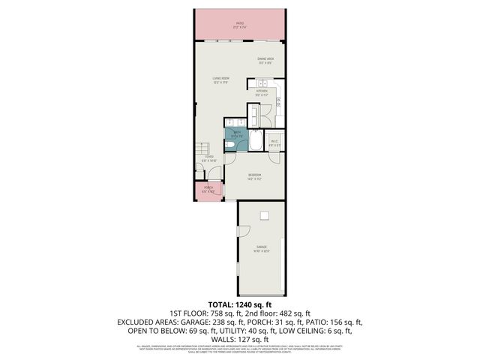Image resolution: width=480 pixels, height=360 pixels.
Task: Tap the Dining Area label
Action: pyautogui.click(x=265, y=61)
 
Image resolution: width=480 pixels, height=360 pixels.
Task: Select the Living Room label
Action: pyautogui.click(x=220, y=79)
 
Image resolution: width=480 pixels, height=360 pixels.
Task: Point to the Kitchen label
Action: pyautogui.click(x=261, y=93)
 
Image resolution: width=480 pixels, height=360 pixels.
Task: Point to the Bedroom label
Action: pyautogui.click(x=255, y=177)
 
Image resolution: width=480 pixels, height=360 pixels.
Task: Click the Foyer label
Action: pyautogui.click(x=208, y=158)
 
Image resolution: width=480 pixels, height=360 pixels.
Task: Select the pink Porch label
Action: pyautogui.click(x=208, y=189)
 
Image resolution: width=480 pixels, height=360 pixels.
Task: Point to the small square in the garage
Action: pyautogui.click(x=263, y=216)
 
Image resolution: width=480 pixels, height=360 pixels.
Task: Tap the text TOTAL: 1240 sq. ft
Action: pyautogui.click(x=239, y=304)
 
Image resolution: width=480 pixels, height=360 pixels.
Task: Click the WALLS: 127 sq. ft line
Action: pyautogui.click(x=239, y=338)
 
